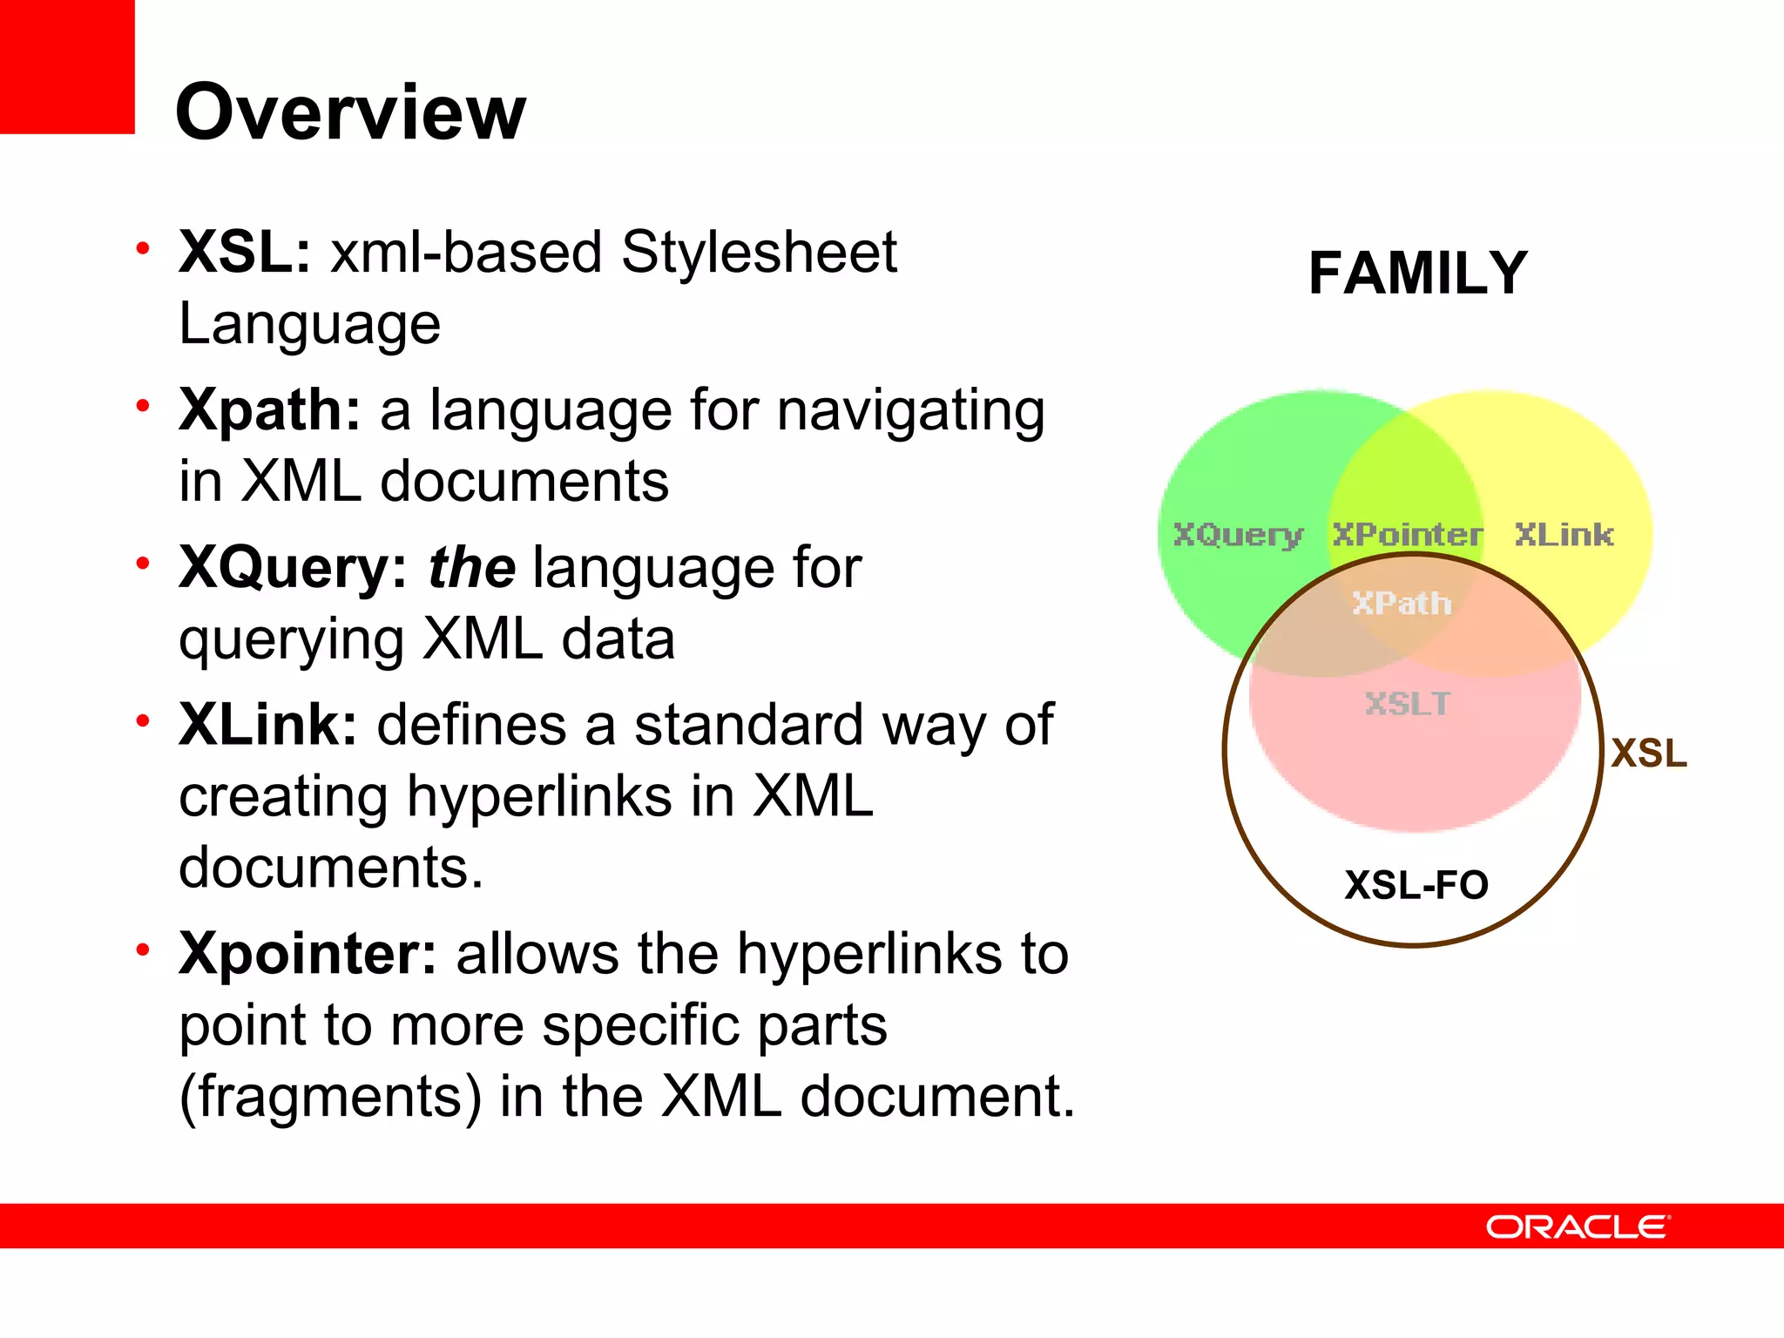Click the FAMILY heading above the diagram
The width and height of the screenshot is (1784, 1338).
tap(1417, 274)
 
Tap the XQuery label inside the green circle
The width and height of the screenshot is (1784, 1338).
tap(1238, 534)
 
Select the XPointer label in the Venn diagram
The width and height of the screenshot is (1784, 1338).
tap(1406, 534)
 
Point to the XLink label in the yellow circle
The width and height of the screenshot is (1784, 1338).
tap(1564, 534)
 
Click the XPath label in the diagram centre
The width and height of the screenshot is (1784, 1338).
tap(1402, 603)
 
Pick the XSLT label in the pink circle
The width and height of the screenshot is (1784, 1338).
tap(1407, 703)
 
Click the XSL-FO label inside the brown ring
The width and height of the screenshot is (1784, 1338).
tap(1416, 885)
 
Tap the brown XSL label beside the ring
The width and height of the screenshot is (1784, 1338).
tap(1648, 753)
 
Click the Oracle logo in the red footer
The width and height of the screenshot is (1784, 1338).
tap(1578, 1226)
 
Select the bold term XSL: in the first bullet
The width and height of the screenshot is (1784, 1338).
tap(244, 253)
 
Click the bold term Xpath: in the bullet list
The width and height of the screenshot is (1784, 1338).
tap(269, 410)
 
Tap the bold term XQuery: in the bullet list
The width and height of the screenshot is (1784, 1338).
tap(293, 568)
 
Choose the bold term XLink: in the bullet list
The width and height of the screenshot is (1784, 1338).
tap(267, 725)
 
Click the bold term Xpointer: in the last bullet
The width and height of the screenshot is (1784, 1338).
tap(307, 953)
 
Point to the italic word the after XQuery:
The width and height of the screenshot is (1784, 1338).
tap(471, 568)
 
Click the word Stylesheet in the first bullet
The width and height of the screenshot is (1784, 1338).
tap(758, 253)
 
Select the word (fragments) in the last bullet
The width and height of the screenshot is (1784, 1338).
tap(329, 1096)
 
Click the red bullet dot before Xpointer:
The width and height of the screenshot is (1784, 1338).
tap(143, 949)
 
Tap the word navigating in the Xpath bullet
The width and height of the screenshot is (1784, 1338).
tap(910, 410)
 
